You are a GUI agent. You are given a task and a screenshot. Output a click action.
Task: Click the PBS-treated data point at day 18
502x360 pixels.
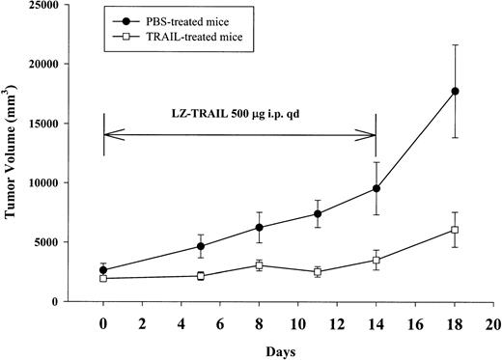click(456, 91)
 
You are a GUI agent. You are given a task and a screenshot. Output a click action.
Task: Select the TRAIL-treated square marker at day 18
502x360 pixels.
click(456, 230)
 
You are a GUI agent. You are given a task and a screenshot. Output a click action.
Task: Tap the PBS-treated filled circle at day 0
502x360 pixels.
click(103, 270)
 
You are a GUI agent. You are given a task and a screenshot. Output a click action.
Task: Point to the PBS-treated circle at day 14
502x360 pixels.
click(376, 189)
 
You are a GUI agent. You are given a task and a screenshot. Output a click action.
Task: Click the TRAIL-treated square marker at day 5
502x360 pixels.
click(201, 276)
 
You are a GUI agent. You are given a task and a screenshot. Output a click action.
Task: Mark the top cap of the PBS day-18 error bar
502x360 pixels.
click(456, 44)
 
